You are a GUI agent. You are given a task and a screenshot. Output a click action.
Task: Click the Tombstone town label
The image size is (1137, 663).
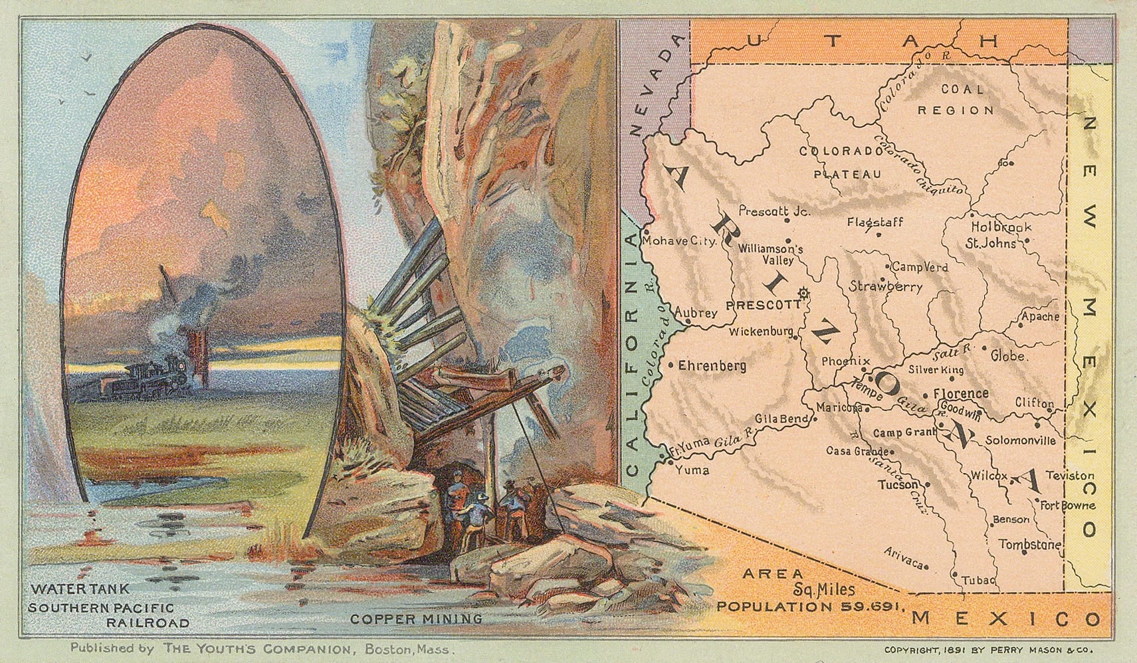click(x=1029, y=543)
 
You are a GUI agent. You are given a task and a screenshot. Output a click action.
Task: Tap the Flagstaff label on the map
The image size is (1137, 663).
click(x=875, y=222)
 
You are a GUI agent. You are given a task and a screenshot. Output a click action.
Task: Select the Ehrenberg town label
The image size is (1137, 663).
click(x=712, y=365)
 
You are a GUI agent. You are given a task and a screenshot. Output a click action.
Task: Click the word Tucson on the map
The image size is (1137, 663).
click(x=898, y=485)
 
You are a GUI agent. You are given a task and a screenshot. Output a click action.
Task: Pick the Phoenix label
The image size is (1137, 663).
click(x=845, y=361)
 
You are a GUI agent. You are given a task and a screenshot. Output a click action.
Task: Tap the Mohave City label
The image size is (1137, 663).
click(x=678, y=242)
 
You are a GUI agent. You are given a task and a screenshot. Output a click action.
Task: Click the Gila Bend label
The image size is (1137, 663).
click(x=781, y=420)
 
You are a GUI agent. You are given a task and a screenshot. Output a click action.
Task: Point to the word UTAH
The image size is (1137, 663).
click(x=871, y=42)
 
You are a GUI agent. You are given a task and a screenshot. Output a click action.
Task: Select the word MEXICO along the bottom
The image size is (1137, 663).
click(x=1005, y=618)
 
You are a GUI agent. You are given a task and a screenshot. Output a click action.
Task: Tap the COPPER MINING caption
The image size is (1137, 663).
click(x=416, y=618)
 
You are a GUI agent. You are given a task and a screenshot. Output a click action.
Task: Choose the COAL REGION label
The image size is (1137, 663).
click(x=956, y=100)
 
